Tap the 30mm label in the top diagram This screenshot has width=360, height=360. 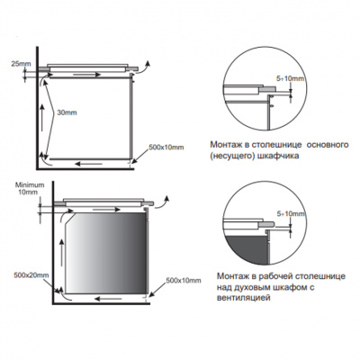(66, 112)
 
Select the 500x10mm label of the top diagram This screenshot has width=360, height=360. (166, 148)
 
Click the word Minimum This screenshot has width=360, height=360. (30, 185)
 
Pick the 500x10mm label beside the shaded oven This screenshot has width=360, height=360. (184, 281)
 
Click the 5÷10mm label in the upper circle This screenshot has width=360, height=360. (291, 79)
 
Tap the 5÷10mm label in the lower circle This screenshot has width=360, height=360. (292, 214)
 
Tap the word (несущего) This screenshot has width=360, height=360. (232, 157)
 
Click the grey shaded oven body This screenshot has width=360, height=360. (107, 253)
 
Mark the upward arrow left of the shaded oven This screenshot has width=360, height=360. (62, 256)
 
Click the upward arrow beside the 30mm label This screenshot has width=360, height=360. (41, 118)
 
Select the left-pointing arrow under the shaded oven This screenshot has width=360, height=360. (108, 299)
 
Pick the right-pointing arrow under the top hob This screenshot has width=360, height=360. (87, 75)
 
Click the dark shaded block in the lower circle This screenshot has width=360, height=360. (246, 250)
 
